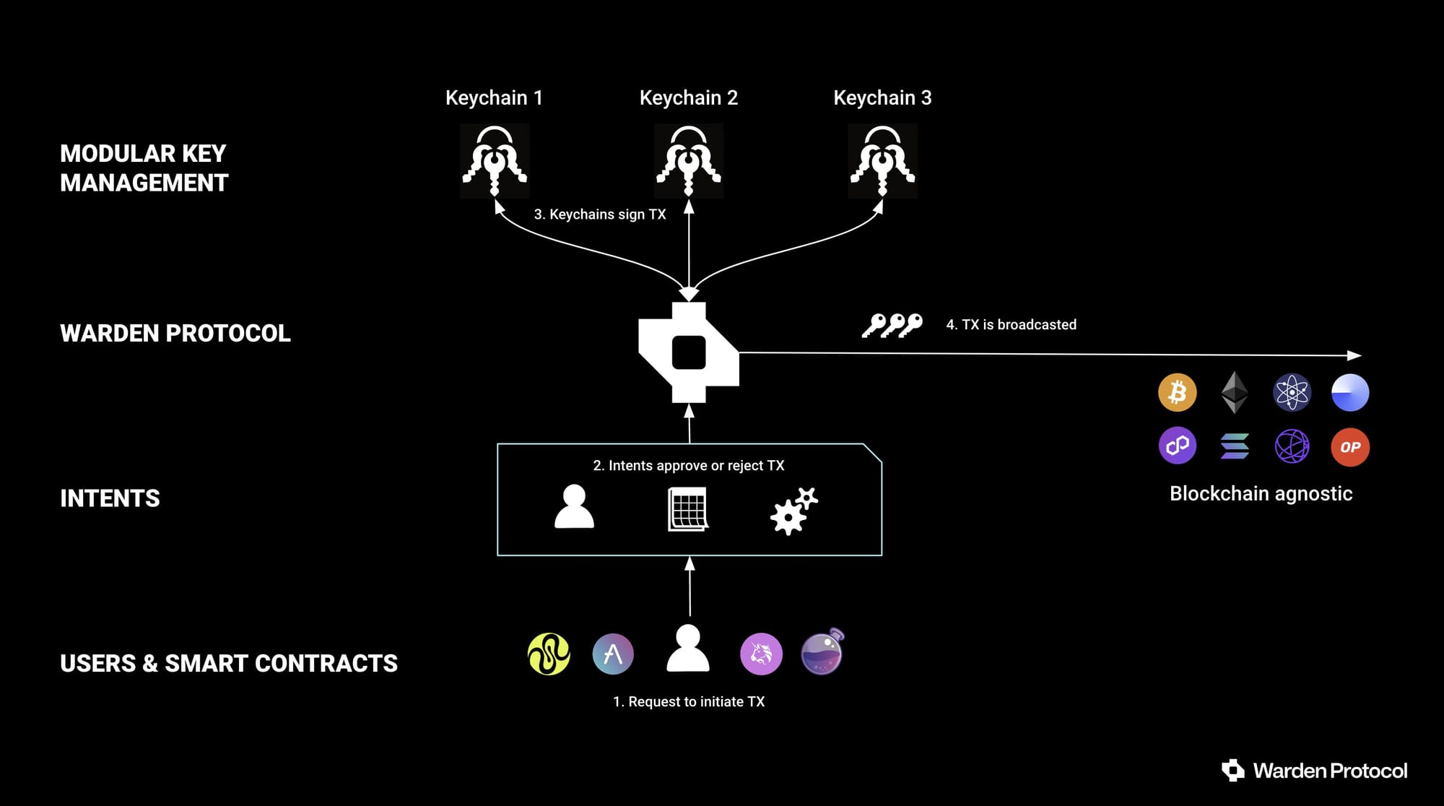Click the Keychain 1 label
point(494,97)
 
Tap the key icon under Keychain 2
point(689,160)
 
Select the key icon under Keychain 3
point(882,160)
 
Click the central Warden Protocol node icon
point(689,352)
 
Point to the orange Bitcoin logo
point(1178,392)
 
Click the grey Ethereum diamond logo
point(1235,392)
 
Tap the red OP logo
point(1350,447)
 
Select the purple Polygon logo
point(1178,446)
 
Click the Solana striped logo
point(1235,446)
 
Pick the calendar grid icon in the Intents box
point(688,509)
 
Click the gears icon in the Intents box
point(794,511)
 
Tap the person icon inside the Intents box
point(574,506)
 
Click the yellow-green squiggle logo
point(549,654)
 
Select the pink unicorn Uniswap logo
point(761,654)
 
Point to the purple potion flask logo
point(822,651)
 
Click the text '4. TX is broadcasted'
point(1011,325)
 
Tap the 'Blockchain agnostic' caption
point(1261,493)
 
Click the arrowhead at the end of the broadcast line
point(1354,355)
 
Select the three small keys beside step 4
point(892,326)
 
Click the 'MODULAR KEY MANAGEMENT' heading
point(144,168)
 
